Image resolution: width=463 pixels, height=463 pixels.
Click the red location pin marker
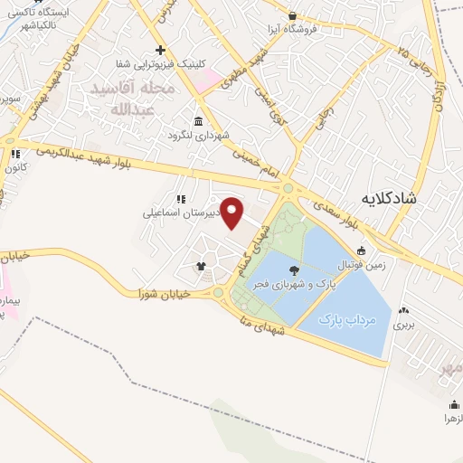click(x=233, y=213)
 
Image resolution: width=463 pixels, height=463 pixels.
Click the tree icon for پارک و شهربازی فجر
click(x=295, y=269)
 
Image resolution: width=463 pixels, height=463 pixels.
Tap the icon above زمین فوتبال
click(x=362, y=250)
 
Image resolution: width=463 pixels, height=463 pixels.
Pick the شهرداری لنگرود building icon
click(x=198, y=122)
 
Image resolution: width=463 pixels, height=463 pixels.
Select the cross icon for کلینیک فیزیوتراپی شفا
click(x=160, y=50)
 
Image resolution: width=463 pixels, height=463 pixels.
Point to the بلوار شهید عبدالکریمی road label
click(x=190, y=157)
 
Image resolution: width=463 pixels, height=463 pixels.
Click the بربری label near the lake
click(x=402, y=323)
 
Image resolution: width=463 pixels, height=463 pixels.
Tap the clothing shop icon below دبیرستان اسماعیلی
click(x=201, y=266)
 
